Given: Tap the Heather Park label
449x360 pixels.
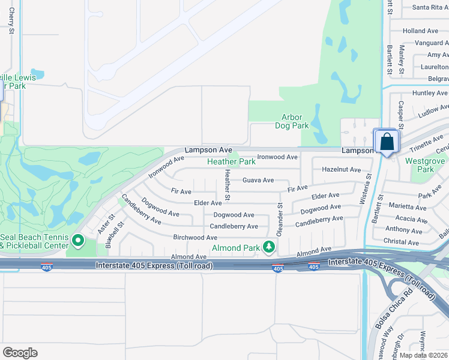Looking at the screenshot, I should point(231,161).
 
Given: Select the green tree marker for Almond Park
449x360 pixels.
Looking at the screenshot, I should point(270,247).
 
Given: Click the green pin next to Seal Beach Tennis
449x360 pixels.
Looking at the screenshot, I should point(78,241).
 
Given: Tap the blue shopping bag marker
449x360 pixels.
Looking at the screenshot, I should point(387,143).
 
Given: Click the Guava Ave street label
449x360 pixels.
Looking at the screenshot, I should point(258,180).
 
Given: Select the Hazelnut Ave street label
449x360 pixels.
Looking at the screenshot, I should point(342,170).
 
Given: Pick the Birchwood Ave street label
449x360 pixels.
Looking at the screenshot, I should point(195,238).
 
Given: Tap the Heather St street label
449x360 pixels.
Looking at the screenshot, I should point(228,185).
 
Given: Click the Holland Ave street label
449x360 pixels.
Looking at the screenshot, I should point(420,31).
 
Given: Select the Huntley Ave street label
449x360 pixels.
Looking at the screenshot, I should point(430,93).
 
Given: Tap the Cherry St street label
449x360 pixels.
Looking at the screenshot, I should point(11,24).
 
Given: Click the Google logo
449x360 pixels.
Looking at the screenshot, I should point(20,353).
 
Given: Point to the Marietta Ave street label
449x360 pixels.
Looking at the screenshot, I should point(408,206).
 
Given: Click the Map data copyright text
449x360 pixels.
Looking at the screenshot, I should point(423,355).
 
